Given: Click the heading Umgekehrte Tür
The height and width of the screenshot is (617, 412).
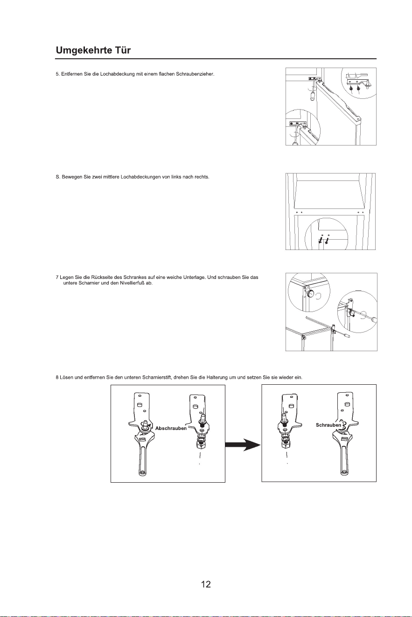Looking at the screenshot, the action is (x=93, y=50).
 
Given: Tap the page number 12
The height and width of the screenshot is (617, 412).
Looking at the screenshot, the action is (x=206, y=584).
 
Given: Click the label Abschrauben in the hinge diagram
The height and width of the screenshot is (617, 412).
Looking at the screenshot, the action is (x=171, y=428).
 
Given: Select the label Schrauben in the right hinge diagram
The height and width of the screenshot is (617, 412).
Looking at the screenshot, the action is (x=328, y=425).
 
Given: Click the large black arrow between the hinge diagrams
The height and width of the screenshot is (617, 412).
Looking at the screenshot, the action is (x=243, y=445).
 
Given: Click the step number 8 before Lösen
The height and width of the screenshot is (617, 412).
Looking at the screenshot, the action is (x=57, y=377).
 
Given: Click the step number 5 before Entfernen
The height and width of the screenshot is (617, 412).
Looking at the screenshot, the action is (x=57, y=74).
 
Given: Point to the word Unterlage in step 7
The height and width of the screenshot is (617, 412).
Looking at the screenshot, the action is (x=194, y=277).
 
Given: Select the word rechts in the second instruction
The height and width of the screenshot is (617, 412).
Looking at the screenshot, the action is (x=203, y=177).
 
